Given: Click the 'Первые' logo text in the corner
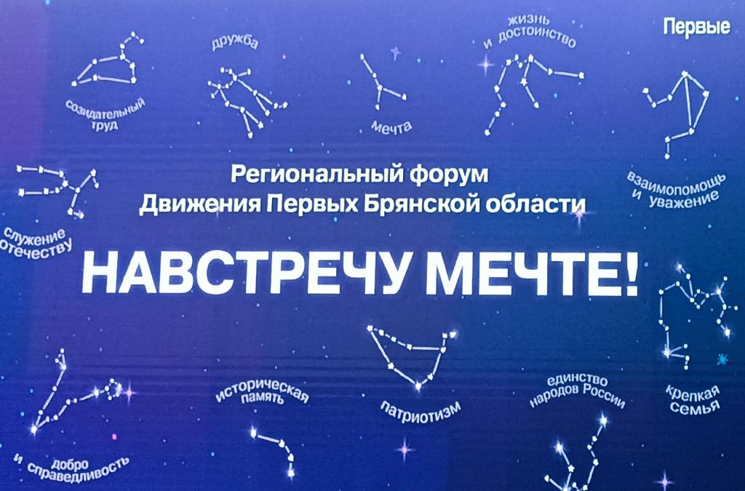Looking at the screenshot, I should click(x=696, y=28).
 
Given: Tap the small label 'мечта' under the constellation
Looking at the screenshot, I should click(x=391, y=127).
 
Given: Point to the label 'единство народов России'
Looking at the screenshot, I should click(x=577, y=392).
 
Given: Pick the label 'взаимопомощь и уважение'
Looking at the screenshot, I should click(x=677, y=187).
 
